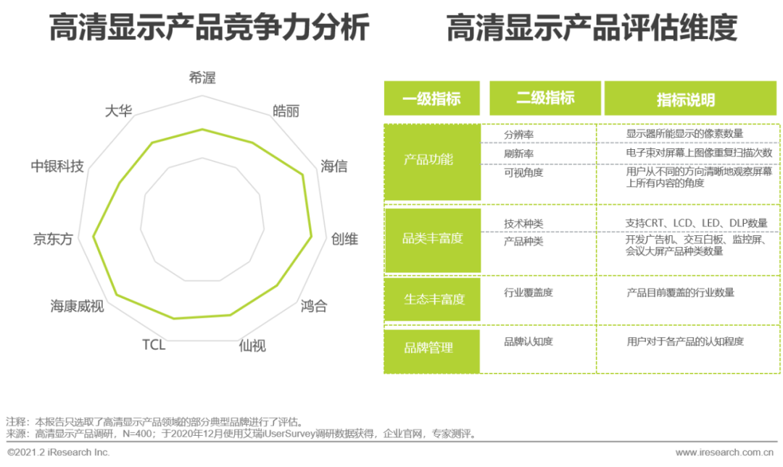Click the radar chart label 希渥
[202, 78]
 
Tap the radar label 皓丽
[286, 112]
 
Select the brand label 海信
[333, 167]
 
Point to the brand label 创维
[344, 239]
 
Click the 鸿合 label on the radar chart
[314, 306]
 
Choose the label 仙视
[252, 345]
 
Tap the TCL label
[154, 345]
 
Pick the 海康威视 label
[77, 306]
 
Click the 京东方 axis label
[53, 239]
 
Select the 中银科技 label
[57, 167]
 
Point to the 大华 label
[118, 112]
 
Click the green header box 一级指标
[431, 99]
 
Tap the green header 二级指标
[545, 98]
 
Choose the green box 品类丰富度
[432, 238]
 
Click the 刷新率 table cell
[519, 153]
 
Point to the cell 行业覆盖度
[529, 293]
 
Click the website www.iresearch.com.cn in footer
[725, 453]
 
